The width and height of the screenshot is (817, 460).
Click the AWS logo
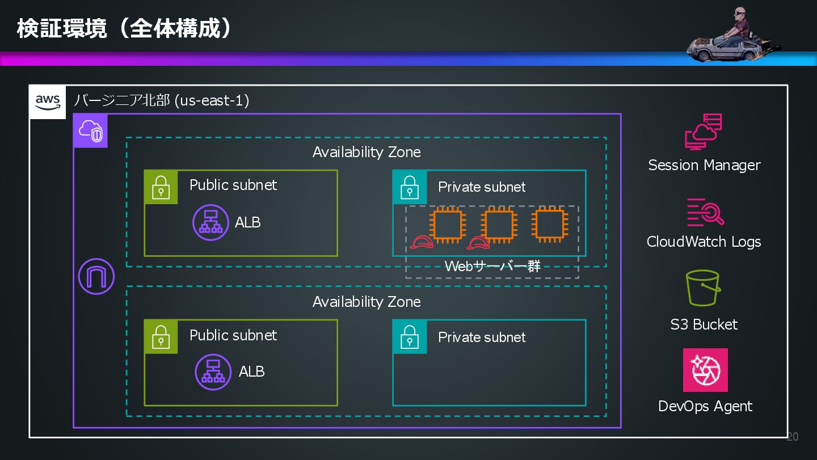pyautogui.click(x=48, y=102)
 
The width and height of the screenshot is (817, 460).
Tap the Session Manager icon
pyautogui.click(x=704, y=131)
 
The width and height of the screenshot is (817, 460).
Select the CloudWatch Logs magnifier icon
pyautogui.click(x=705, y=213)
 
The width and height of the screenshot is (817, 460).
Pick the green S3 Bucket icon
pyautogui.click(x=703, y=288)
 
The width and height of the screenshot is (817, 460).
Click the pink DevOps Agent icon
pyautogui.click(x=705, y=370)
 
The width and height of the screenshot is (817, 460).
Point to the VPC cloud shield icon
pyautogui.click(x=91, y=131)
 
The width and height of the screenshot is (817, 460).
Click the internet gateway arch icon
pyautogui.click(x=96, y=277)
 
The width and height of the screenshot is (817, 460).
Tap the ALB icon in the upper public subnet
pyautogui.click(x=210, y=222)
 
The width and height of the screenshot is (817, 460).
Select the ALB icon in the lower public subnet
pyautogui.click(x=213, y=372)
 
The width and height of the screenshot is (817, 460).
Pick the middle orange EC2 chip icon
pyautogui.click(x=498, y=225)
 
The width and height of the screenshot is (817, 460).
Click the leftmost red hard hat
pyautogui.click(x=422, y=243)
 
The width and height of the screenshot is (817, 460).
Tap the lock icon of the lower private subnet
pyautogui.click(x=410, y=337)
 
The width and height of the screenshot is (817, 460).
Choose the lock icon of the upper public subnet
pyautogui.click(x=161, y=187)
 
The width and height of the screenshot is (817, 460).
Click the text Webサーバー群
pyautogui.click(x=492, y=267)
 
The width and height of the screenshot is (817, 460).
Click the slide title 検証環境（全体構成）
pyautogui.click(x=124, y=28)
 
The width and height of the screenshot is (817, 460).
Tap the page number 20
pyautogui.click(x=793, y=436)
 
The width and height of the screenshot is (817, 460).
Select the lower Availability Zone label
pyautogui.click(x=367, y=302)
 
